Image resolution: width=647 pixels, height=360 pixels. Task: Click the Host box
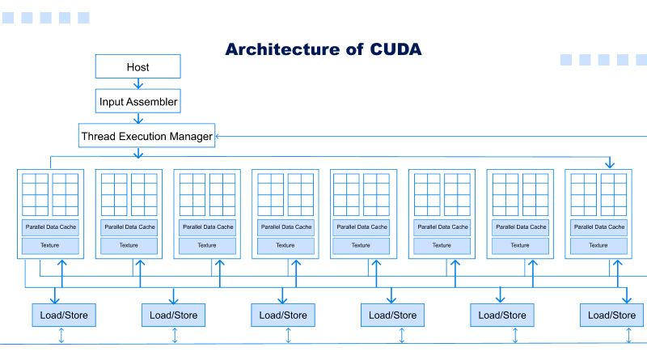(x=137, y=66)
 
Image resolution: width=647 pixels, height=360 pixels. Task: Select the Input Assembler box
(x=138, y=102)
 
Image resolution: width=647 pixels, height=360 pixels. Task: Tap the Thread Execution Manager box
(x=146, y=136)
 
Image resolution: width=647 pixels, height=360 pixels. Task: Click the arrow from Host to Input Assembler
(x=138, y=83)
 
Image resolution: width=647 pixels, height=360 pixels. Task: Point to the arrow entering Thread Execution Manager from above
(x=138, y=118)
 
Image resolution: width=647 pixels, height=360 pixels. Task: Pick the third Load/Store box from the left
(x=283, y=315)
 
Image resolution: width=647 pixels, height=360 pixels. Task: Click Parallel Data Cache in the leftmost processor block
(x=50, y=227)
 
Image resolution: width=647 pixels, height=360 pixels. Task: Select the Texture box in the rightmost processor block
(x=598, y=245)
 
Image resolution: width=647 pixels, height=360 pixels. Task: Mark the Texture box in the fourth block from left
(x=285, y=245)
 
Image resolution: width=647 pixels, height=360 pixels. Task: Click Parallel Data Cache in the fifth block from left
(x=363, y=227)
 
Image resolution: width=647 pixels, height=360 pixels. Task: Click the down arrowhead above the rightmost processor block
(x=611, y=164)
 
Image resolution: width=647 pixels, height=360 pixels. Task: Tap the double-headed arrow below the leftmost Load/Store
(x=61, y=336)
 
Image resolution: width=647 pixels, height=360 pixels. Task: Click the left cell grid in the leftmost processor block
(x=35, y=194)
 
